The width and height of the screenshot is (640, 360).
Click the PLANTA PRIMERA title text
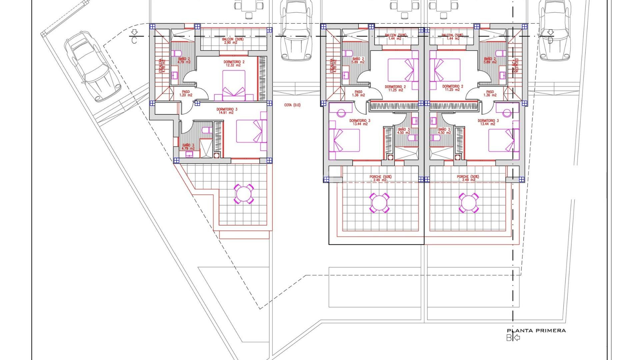click(x=536, y=331)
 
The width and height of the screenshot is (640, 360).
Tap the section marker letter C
click(x=134, y=40)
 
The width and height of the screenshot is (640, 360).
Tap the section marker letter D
click(x=550, y=40)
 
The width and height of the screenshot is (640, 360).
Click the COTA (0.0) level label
click(x=292, y=105)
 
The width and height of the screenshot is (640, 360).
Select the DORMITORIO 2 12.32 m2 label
click(x=234, y=63)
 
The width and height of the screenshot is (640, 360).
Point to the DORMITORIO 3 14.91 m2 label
click(x=227, y=111)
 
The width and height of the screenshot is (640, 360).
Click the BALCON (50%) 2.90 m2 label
click(x=233, y=41)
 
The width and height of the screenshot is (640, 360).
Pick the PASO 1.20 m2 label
click(x=186, y=93)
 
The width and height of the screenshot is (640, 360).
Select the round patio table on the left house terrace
click(x=244, y=194)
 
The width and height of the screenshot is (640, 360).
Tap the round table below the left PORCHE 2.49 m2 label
click(x=379, y=202)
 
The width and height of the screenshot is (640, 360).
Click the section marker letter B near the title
click(x=509, y=338)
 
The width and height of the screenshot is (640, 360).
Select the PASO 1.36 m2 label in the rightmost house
click(x=490, y=93)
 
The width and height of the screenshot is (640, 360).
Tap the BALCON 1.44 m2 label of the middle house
click(x=395, y=37)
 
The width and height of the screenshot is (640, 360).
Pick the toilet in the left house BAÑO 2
click(x=177, y=53)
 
